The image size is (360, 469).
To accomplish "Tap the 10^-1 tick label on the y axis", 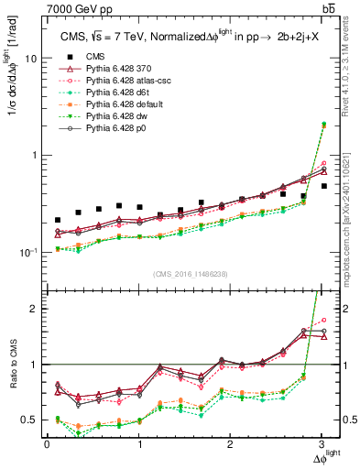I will [x=27, y=253].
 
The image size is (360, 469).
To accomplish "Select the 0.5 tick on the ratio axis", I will [x=30, y=420].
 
